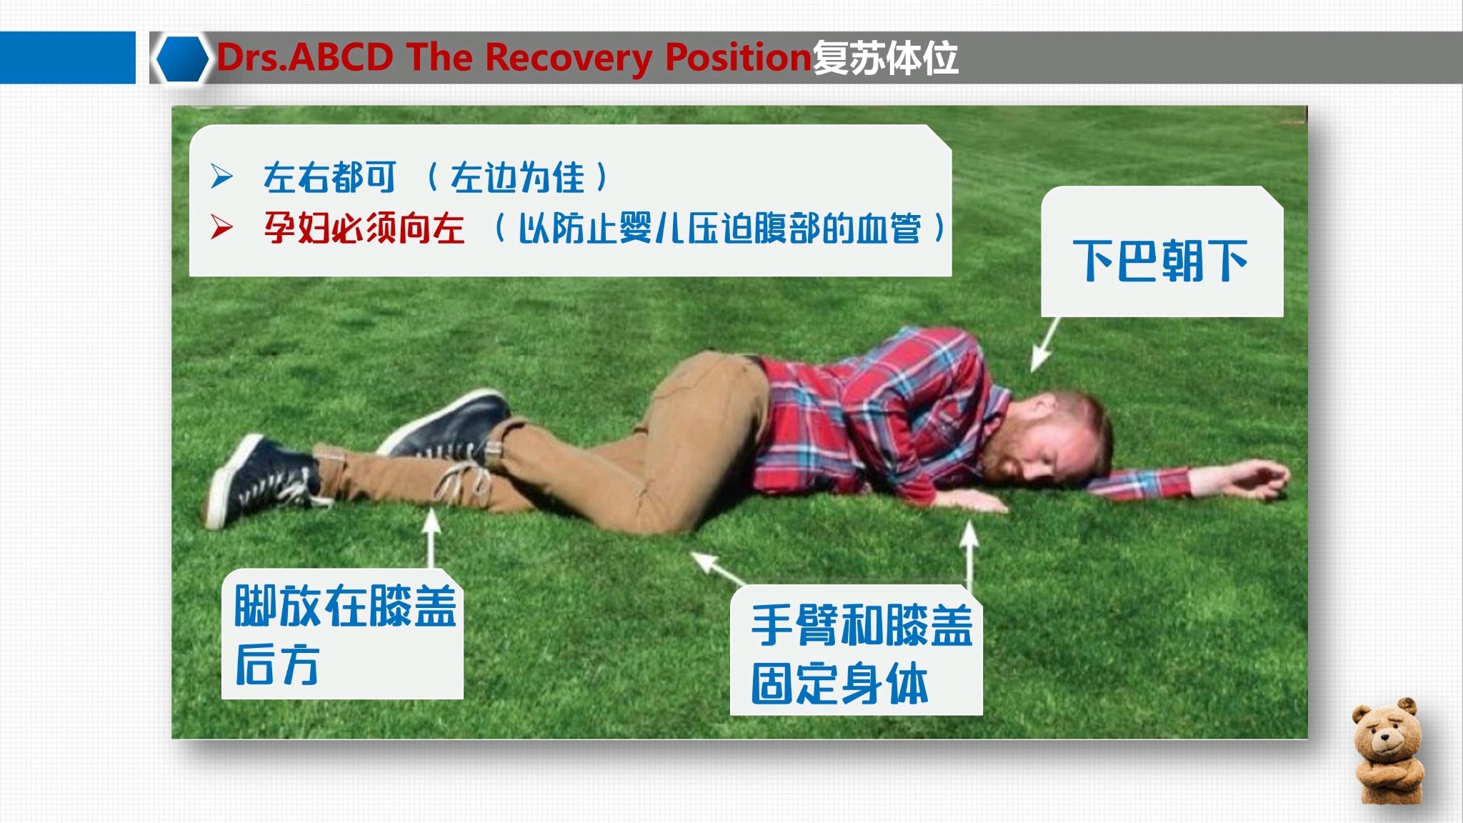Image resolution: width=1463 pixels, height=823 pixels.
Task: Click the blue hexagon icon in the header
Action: tap(182, 58)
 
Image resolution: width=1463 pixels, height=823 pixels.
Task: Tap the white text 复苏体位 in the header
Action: tap(886, 58)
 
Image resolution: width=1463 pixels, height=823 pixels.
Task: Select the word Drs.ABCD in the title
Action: tap(305, 58)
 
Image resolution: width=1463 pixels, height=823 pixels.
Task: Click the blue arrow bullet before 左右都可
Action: tap(221, 176)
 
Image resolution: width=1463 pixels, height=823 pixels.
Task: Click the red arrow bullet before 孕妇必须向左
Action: tap(221, 228)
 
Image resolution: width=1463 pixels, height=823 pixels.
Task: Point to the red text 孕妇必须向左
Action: tap(364, 229)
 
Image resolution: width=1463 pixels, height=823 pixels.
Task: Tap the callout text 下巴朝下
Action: tap(1160, 261)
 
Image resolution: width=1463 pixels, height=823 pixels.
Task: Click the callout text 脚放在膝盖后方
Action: tap(344, 634)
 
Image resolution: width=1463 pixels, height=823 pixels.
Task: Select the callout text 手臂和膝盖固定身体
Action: tap(860, 653)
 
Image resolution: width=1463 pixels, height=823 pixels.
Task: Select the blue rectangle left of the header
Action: tap(67, 58)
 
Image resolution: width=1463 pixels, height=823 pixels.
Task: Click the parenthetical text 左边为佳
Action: tap(517, 177)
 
